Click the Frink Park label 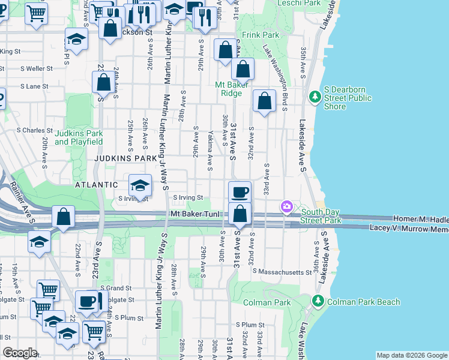(260, 35)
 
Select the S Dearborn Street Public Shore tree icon (314, 97)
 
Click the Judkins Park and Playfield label (79, 137)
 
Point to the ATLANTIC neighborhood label (96, 185)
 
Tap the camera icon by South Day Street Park (287, 207)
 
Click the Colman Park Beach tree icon (316, 301)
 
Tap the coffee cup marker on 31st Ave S (240, 192)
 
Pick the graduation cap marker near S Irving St (140, 185)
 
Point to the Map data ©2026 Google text (411, 355)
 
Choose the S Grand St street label (115, 288)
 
